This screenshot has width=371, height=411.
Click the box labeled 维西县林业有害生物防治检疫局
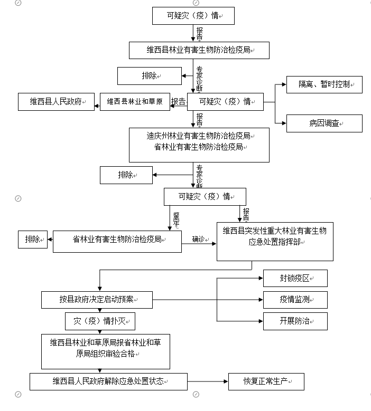point(199,50)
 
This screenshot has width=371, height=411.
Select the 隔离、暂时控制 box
point(324,84)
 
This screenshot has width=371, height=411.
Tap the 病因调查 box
point(324,123)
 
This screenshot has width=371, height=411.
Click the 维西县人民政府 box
point(55,101)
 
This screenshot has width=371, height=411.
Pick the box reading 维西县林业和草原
point(135,101)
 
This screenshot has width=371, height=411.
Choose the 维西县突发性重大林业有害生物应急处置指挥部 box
point(275,241)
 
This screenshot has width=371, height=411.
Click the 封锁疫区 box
point(295,278)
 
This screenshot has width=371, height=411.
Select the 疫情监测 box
point(295,300)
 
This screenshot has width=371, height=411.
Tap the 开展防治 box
point(295,321)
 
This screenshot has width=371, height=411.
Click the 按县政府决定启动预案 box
point(97,300)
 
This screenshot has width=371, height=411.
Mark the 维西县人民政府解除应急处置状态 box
point(108,381)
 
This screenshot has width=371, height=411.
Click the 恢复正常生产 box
point(266,381)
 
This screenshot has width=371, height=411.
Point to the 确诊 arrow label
point(198,239)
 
